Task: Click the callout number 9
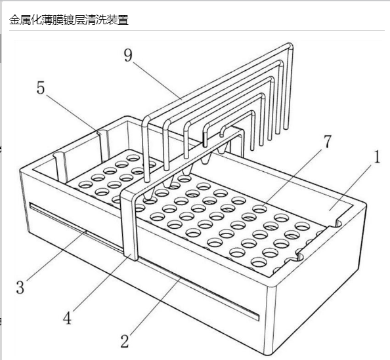tap(128, 55)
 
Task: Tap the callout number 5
tap(41, 88)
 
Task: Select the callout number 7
tap(328, 142)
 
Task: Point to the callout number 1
tap(377, 157)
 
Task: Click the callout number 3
tap(20, 287)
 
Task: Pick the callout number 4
tap(67, 318)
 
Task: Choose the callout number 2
tap(125, 341)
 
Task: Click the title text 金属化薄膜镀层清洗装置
tap(69, 20)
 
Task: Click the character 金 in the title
tap(14, 20)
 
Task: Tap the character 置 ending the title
tap(123, 20)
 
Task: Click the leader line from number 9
tap(158, 81)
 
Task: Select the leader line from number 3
tap(56, 256)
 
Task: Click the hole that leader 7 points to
tap(260, 209)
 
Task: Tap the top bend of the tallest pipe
tap(290, 46)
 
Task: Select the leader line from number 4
tap(100, 284)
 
